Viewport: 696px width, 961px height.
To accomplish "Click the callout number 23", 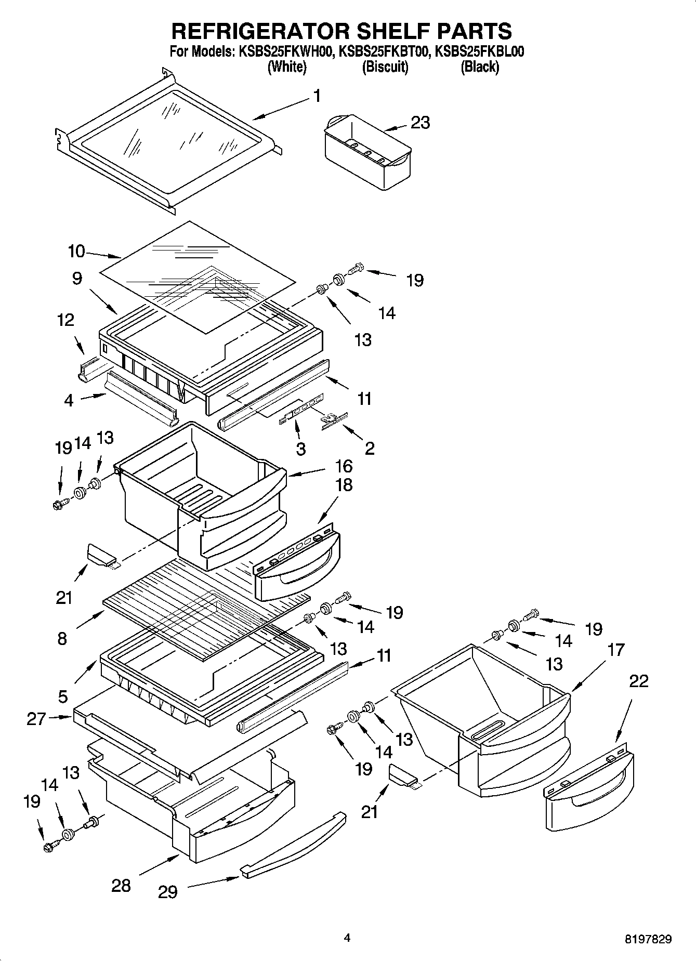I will click(420, 123).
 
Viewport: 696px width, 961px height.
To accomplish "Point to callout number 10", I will click(76, 252).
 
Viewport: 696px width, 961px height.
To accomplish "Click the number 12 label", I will click(65, 320).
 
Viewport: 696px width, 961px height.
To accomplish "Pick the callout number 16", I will click(344, 465).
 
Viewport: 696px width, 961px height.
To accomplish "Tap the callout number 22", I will click(638, 681).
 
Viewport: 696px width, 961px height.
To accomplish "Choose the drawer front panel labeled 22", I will click(589, 790).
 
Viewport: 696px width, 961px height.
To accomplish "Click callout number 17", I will click(615, 650).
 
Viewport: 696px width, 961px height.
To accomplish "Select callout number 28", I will click(121, 886).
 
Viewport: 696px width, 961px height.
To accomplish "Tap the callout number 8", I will click(62, 638).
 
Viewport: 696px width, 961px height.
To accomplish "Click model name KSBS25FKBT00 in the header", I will click(384, 51).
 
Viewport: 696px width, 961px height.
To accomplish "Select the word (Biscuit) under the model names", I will click(385, 67).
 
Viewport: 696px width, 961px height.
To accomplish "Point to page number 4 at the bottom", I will click(347, 938).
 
